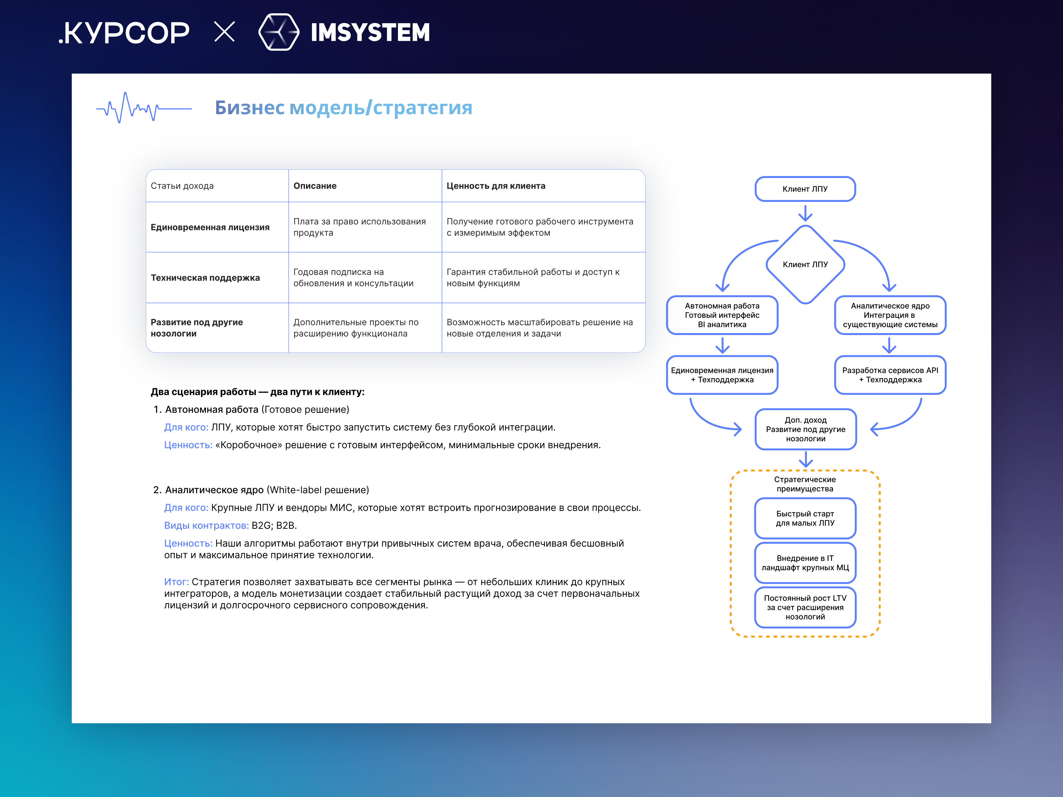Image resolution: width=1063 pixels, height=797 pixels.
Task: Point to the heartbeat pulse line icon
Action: [x=143, y=108]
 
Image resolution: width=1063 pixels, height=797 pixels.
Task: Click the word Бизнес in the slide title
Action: [x=249, y=108]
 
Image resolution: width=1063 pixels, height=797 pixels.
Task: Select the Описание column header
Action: [x=315, y=186]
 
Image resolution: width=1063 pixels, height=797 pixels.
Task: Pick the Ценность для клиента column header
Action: [x=496, y=186]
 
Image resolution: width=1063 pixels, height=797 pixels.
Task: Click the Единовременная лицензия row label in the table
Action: [x=210, y=227]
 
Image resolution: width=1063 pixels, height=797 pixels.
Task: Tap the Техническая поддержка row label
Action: [x=205, y=278]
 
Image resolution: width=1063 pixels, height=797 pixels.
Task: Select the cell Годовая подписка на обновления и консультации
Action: [x=353, y=278]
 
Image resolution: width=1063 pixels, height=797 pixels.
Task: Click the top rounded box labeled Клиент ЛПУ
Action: [x=805, y=189]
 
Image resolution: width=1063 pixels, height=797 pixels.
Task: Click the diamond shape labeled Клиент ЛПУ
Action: [x=805, y=264]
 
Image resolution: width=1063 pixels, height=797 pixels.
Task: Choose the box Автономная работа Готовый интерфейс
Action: [x=722, y=315]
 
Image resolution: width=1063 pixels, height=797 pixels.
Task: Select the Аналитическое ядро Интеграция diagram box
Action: [x=890, y=315]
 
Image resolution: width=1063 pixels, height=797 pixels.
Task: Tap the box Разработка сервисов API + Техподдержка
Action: [x=890, y=375]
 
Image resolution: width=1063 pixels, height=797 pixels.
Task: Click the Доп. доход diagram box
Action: [x=806, y=429]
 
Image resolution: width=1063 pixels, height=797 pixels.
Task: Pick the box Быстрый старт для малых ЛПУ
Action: [x=805, y=518]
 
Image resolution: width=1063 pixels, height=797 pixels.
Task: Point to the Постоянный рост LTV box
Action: [x=805, y=607]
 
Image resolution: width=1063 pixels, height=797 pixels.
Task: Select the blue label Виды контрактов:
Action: [x=206, y=526]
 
